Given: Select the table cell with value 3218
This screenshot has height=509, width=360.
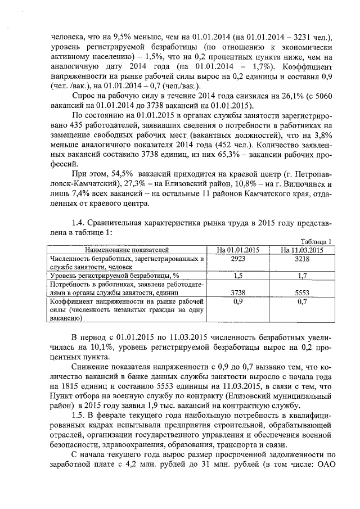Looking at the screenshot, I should pos(301,259).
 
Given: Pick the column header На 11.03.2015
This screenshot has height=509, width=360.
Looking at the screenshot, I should pos(301,249).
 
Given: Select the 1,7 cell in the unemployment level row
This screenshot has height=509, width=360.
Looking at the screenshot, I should pos(301,276).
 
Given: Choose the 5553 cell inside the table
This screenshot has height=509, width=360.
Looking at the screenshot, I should pos(301,292).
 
